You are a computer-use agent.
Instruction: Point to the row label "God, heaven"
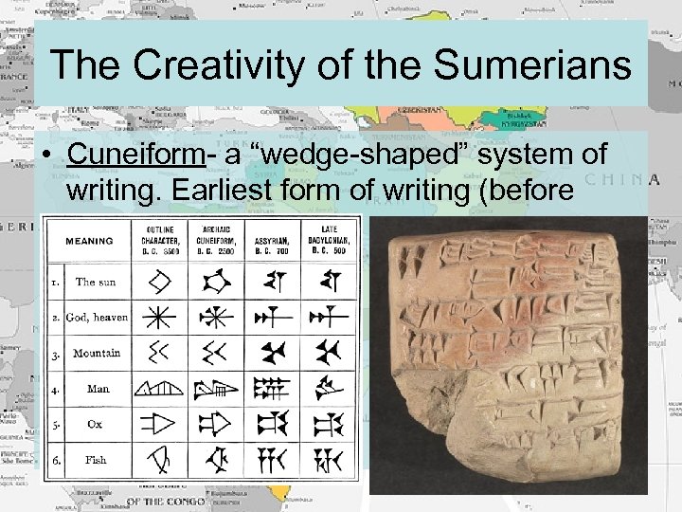97,318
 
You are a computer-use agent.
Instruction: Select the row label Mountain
97,353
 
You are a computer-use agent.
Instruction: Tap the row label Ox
95,425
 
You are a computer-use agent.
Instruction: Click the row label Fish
96,460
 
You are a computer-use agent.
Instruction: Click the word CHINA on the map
621,179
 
